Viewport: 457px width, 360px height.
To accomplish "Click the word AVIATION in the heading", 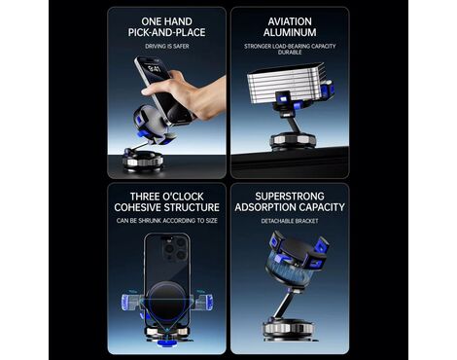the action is (290, 21).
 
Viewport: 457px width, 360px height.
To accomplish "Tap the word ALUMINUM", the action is (290, 32).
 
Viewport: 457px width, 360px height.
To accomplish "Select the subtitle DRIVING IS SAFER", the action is (167, 47).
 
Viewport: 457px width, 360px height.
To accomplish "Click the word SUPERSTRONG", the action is (290, 197).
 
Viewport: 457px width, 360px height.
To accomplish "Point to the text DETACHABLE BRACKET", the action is (290, 221).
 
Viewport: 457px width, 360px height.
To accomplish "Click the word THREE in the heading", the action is (145, 197).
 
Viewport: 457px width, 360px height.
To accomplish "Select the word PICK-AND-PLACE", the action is (167, 32).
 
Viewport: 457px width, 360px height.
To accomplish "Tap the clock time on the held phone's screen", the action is (153, 69).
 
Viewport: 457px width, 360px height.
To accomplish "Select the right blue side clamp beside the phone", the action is (203, 303).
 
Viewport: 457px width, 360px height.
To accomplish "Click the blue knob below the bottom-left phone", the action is (167, 343).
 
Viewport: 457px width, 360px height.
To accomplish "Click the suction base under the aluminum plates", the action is (293, 141).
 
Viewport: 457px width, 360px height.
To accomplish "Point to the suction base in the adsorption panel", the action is (288, 329).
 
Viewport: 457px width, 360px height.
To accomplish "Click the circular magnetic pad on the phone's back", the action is (166, 300).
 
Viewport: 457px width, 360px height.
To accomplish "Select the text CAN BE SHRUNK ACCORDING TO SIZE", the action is (167, 221).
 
